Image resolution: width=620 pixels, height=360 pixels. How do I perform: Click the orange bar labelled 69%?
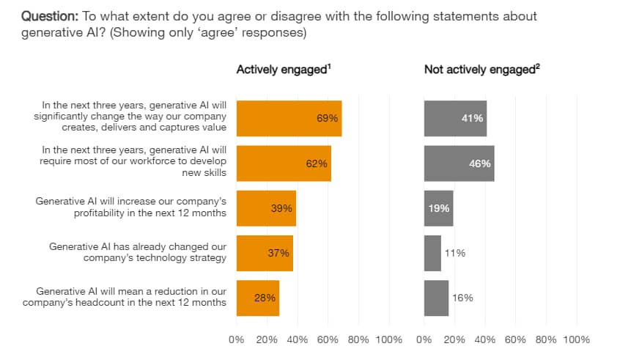tap(289, 118)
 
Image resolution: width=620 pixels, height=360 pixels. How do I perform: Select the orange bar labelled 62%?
tap(284, 164)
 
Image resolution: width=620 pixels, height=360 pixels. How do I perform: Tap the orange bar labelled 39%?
tap(266, 208)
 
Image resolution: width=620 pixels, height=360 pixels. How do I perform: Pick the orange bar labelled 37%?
tap(265, 253)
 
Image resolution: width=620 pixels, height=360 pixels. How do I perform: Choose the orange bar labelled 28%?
tap(258, 298)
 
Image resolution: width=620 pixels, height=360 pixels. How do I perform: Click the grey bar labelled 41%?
tap(455, 118)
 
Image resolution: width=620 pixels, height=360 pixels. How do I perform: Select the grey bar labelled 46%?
tap(459, 164)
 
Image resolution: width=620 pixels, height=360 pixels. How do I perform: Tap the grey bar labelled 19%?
tap(438, 208)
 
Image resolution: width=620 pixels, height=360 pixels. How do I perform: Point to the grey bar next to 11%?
tap(432, 253)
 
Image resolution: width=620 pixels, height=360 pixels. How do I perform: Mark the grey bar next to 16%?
tap(436, 298)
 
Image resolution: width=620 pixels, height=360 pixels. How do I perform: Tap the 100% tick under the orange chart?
tap(388, 339)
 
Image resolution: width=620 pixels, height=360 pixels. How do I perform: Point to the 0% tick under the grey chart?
tap(424, 339)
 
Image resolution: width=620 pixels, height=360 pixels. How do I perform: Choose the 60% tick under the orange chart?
tap(328, 339)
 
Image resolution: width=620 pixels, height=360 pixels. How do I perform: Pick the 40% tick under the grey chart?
tap(485, 339)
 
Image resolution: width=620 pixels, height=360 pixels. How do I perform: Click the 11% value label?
tap(455, 253)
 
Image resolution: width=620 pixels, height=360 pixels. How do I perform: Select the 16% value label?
tap(462, 298)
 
